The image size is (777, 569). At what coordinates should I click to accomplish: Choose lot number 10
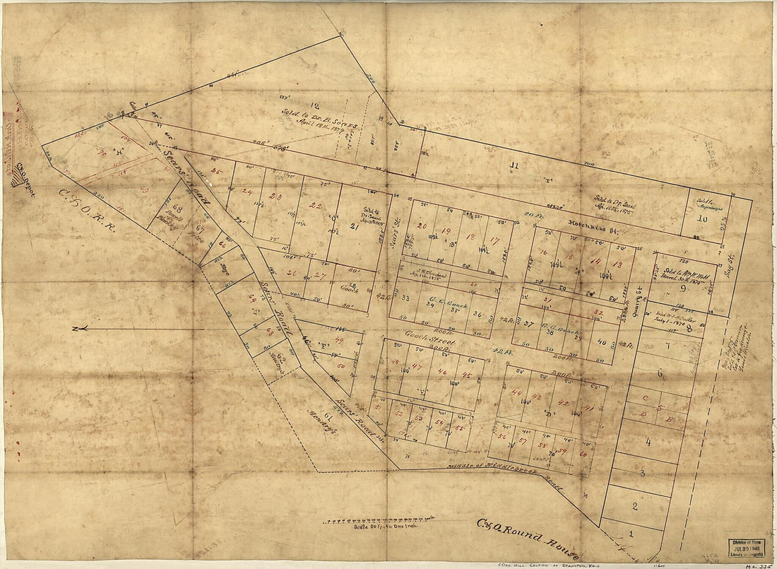701,218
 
